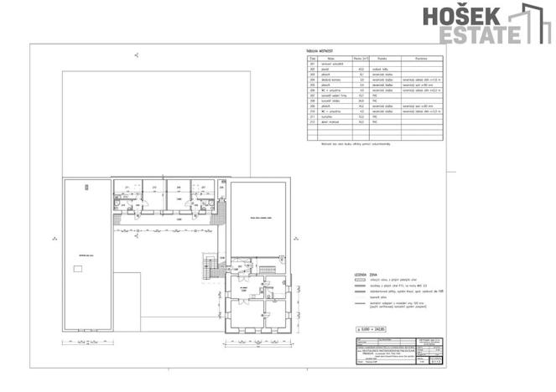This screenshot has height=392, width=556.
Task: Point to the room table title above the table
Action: [x=320, y=51]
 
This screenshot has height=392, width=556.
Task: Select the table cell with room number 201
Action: [x=312, y=64]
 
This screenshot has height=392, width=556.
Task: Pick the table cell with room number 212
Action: [x=312, y=122]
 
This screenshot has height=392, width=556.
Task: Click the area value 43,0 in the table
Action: [x=359, y=69]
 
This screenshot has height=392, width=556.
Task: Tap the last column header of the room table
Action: [x=421, y=58]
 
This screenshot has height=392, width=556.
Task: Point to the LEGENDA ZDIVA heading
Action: [x=366, y=274]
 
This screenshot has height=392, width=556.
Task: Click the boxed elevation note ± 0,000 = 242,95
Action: [x=375, y=329]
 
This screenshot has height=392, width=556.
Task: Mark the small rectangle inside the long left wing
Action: [x=78, y=268]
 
